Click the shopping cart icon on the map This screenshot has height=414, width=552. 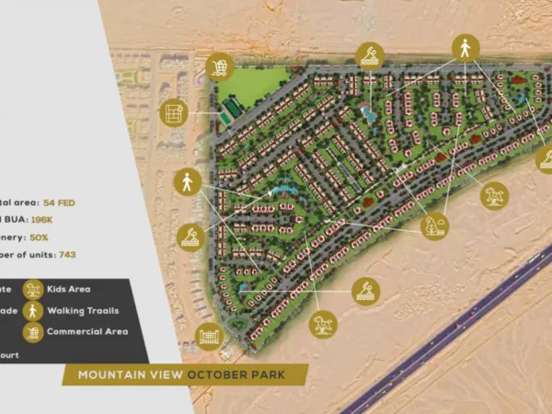pyautogui.click(x=220, y=66)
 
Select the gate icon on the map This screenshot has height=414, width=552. pyautogui.click(x=211, y=336)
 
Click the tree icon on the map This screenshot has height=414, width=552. pyautogui.click(x=433, y=225)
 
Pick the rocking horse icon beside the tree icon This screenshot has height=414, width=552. pyautogui.click(x=494, y=195)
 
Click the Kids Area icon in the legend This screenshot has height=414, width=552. pyautogui.click(x=33, y=290)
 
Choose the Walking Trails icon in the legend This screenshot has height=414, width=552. pyautogui.click(x=33, y=310)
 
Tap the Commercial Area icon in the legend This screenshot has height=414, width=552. pyautogui.click(x=33, y=331)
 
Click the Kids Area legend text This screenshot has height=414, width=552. pyautogui.click(x=69, y=290)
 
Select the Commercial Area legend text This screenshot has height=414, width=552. pyautogui.click(x=87, y=331)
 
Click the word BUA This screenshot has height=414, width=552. pyautogui.click(x=15, y=220)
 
